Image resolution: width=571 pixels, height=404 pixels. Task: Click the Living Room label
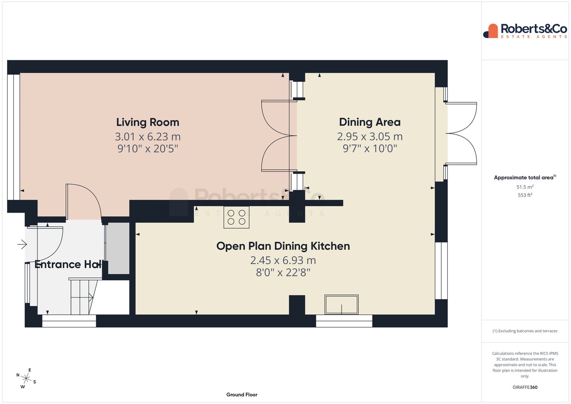click(148, 122)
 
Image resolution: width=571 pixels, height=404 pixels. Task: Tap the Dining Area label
click(370, 122)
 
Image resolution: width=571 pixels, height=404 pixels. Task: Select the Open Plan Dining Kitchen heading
click(283, 246)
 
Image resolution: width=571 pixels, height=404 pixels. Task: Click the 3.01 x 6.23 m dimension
click(148, 137)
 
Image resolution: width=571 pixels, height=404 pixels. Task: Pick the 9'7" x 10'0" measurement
click(370, 148)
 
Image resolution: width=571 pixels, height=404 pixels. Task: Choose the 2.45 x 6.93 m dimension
click(283, 260)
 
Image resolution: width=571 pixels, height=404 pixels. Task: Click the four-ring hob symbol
click(236, 217)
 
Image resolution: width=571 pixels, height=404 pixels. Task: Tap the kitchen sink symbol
click(341, 305)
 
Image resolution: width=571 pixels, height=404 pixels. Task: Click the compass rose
click(26, 379)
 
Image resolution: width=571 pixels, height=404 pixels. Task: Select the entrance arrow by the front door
click(22, 245)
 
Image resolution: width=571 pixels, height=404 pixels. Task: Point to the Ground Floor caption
click(242, 394)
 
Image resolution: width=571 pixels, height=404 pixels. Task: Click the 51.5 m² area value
click(525, 187)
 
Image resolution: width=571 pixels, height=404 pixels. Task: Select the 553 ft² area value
click(525, 195)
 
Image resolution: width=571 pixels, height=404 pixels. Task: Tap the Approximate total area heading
click(525, 177)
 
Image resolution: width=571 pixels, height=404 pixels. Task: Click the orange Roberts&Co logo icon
click(491, 31)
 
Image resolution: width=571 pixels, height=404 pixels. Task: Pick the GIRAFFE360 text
click(525, 387)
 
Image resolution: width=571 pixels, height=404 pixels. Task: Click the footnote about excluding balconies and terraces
click(525, 331)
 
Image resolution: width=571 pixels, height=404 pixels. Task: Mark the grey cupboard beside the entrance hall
click(118, 248)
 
